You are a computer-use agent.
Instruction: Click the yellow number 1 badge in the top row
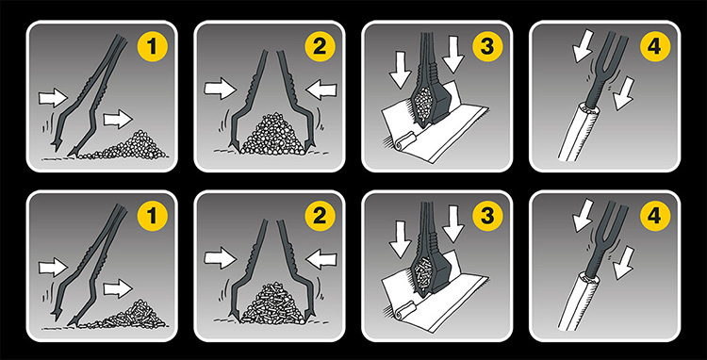152,47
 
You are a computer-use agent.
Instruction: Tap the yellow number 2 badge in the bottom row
320,216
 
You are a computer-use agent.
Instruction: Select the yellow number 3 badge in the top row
487,47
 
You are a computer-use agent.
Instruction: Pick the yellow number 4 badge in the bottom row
655,216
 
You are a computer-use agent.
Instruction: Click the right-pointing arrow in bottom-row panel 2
220,258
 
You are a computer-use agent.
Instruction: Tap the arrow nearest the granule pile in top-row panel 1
118,121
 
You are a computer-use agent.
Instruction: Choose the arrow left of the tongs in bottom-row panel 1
53,268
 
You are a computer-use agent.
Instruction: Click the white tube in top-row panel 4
580,131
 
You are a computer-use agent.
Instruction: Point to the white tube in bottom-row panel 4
580,300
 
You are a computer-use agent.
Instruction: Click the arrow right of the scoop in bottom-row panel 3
453,224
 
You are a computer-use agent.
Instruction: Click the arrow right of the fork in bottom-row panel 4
624,263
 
